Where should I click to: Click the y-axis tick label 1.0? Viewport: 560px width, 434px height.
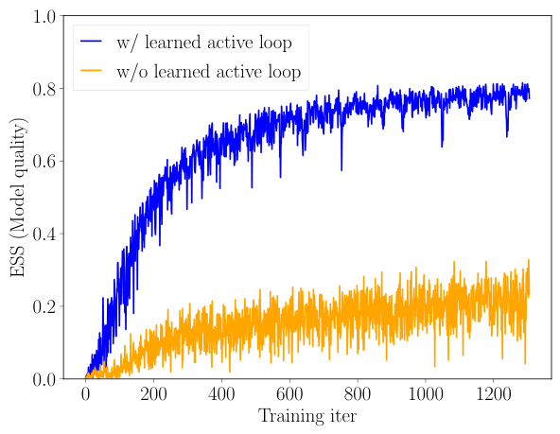click(x=46, y=16)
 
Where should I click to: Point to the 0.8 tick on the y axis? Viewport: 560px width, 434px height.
click(x=46, y=89)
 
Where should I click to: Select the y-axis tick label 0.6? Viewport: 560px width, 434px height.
click(x=46, y=162)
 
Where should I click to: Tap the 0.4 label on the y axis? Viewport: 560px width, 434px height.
click(x=46, y=234)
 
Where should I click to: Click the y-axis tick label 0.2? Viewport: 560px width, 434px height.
click(x=46, y=306)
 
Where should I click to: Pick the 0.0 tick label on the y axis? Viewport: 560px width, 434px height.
click(x=46, y=379)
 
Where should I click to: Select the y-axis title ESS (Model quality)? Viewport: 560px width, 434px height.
click(x=18, y=197)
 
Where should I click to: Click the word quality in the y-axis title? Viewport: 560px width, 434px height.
click(x=18, y=146)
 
